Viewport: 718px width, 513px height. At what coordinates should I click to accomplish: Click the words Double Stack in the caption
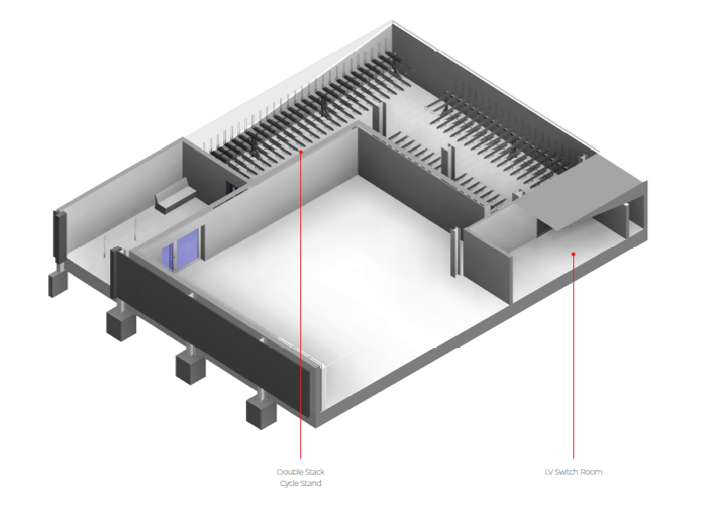(x=301, y=472)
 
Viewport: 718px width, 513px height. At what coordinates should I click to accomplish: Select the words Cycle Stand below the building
(x=301, y=483)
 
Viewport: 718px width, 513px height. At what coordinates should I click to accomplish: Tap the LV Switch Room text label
(x=573, y=472)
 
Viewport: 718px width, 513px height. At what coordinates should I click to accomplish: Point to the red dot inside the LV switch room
(x=573, y=254)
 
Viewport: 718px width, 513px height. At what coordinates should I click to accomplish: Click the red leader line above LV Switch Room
(x=573, y=366)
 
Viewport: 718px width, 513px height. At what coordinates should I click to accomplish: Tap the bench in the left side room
(x=174, y=200)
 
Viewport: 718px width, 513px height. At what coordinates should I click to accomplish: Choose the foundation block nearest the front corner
(x=261, y=410)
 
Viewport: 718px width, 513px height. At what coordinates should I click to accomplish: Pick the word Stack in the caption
(x=315, y=472)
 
